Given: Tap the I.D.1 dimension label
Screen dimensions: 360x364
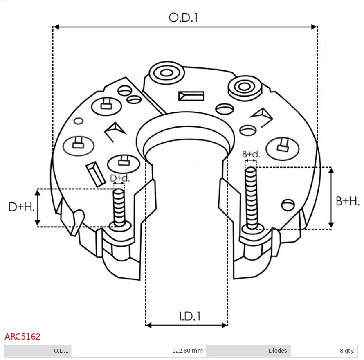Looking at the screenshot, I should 189,316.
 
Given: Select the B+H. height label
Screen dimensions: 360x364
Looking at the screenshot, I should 347,201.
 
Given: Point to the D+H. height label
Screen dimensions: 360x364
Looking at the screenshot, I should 21,207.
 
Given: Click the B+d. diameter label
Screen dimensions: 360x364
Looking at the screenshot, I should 251,154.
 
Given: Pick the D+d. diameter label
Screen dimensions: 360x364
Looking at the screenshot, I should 119,178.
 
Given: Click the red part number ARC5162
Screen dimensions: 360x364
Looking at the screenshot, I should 22,337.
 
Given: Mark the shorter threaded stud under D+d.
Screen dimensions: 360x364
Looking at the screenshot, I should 119,207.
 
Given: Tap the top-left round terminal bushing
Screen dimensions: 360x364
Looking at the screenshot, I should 166,74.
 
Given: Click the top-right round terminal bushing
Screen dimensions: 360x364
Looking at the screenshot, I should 245,86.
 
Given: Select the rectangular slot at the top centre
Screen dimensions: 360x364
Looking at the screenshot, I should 191,96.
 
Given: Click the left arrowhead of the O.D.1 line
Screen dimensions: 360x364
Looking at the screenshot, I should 56,27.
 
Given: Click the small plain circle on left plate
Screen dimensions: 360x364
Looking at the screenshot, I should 79,121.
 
